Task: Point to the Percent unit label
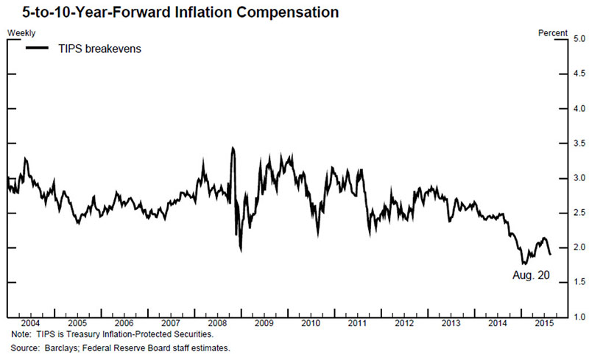coord(553,33)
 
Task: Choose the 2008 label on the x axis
coord(217,324)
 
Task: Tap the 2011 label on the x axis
coord(357,324)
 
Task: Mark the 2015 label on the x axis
coord(544,324)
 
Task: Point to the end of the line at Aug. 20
coord(549,254)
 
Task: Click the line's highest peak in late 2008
coord(233,148)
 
